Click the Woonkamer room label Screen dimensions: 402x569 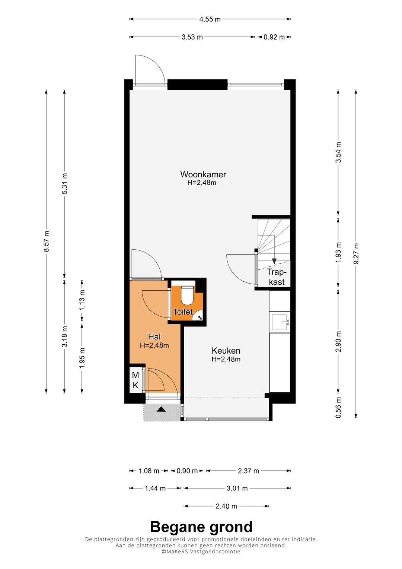tap(203, 174)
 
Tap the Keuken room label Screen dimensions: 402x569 tap(226, 351)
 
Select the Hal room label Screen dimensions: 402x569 tap(154, 336)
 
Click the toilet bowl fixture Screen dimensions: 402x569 tap(187, 295)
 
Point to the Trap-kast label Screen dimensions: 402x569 tap(276, 277)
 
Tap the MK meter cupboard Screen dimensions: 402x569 tap(135, 380)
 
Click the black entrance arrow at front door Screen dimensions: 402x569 tap(162, 409)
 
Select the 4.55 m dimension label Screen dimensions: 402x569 tap(210, 19)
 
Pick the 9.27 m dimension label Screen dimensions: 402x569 tap(356, 253)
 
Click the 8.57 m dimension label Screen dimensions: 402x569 tap(47, 241)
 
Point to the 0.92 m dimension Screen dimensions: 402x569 tap(274, 37)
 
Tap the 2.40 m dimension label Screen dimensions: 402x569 tap(226, 506)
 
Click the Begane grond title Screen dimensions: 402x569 tap(201, 527)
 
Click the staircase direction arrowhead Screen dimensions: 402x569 tap(274, 261)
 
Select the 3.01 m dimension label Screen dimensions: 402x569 tap(237, 488)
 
